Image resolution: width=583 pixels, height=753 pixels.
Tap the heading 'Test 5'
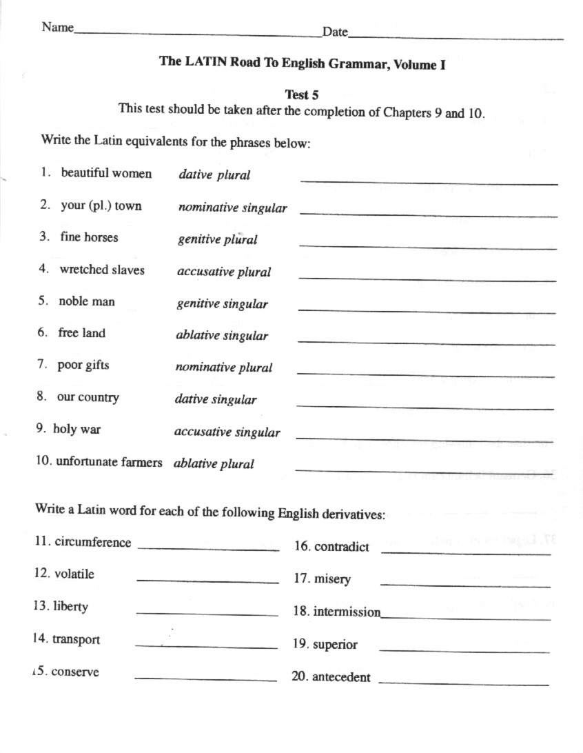[x=301, y=95]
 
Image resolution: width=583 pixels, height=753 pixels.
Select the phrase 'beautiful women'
[x=106, y=173]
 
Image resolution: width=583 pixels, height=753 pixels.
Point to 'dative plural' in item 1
[x=214, y=175]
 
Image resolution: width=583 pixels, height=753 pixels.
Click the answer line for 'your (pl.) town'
[x=428, y=214]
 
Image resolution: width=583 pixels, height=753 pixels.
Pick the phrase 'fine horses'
[x=89, y=237]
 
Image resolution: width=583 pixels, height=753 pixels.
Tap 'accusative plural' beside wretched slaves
[x=224, y=272]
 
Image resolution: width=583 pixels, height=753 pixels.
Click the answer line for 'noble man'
[x=427, y=311]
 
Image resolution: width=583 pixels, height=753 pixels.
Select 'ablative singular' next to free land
[x=222, y=336]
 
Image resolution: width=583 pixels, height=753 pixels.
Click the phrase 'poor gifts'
[x=83, y=365]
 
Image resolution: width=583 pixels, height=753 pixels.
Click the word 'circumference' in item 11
[x=92, y=542]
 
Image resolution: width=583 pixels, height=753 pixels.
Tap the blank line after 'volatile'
[x=207, y=581]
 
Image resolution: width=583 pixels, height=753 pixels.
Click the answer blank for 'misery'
[x=465, y=585]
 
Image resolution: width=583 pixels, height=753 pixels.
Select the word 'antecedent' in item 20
[x=341, y=677]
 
